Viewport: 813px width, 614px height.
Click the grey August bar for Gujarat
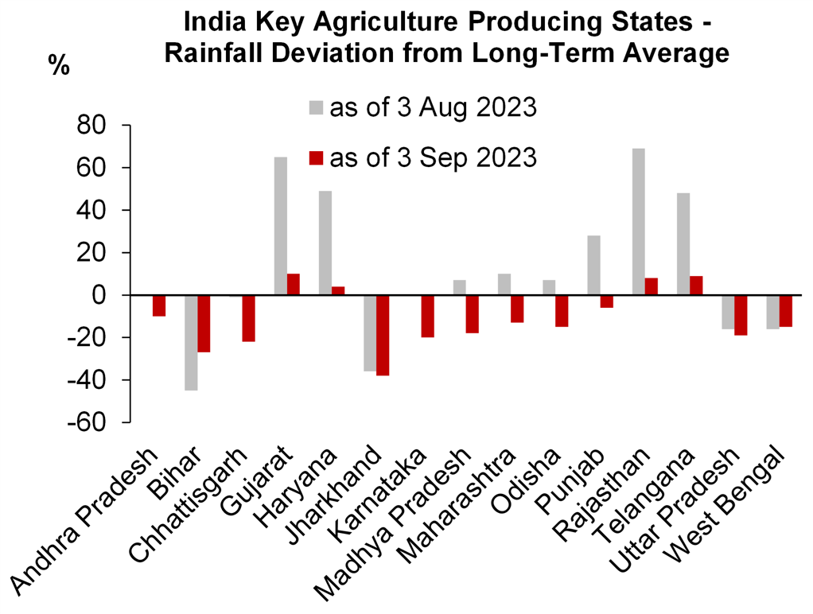click(x=281, y=226)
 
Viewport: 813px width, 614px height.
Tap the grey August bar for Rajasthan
click(x=637, y=222)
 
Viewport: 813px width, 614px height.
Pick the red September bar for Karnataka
click(x=427, y=316)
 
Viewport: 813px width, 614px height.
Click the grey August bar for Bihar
click(x=192, y=343)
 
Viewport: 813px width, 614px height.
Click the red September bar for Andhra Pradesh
click(x=159, y=305)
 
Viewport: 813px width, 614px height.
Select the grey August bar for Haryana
click(x=325, y=243)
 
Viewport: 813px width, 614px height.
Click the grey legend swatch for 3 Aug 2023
click(x=316, y=107)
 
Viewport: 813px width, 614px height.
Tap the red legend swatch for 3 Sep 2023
click(x=316, y=157)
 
